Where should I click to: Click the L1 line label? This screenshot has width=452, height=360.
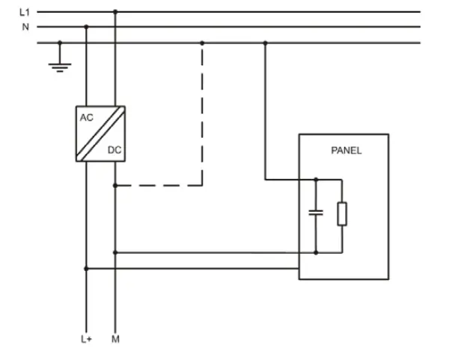[x=24, y=12]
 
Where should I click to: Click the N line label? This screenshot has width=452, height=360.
[x=23, y=26]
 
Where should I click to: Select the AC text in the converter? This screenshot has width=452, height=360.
[x=87, y=118]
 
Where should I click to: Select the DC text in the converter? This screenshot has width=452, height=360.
[x=114, y=150]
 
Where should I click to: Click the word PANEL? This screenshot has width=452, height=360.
[x=346, y=150]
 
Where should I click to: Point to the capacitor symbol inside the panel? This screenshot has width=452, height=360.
[x=316, y=213]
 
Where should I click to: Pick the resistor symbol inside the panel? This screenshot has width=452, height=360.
[x=341, y=214]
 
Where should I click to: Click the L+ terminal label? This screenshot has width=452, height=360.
[x=86, y=339]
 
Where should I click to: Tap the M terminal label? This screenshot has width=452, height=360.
[x=115, y=339]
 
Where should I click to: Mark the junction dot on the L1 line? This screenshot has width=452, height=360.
[x=114, y=12]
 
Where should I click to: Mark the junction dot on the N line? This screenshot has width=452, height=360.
[x=86, y=26]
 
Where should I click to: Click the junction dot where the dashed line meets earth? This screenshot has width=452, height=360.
[x=202, y=43]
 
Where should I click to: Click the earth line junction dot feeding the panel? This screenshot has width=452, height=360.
[x=266, y=43]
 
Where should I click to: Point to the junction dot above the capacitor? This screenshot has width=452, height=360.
[x=316, y=180]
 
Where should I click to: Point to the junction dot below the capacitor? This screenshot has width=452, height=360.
[x=316, y=253]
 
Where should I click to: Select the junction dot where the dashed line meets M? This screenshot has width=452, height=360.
[x=114, y=184]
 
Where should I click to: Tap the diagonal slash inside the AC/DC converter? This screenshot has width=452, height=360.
[x=100, y=134]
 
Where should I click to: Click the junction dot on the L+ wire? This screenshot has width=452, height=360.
[x=86, y=268]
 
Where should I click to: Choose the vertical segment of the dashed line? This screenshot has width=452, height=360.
[x=202, y=112]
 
